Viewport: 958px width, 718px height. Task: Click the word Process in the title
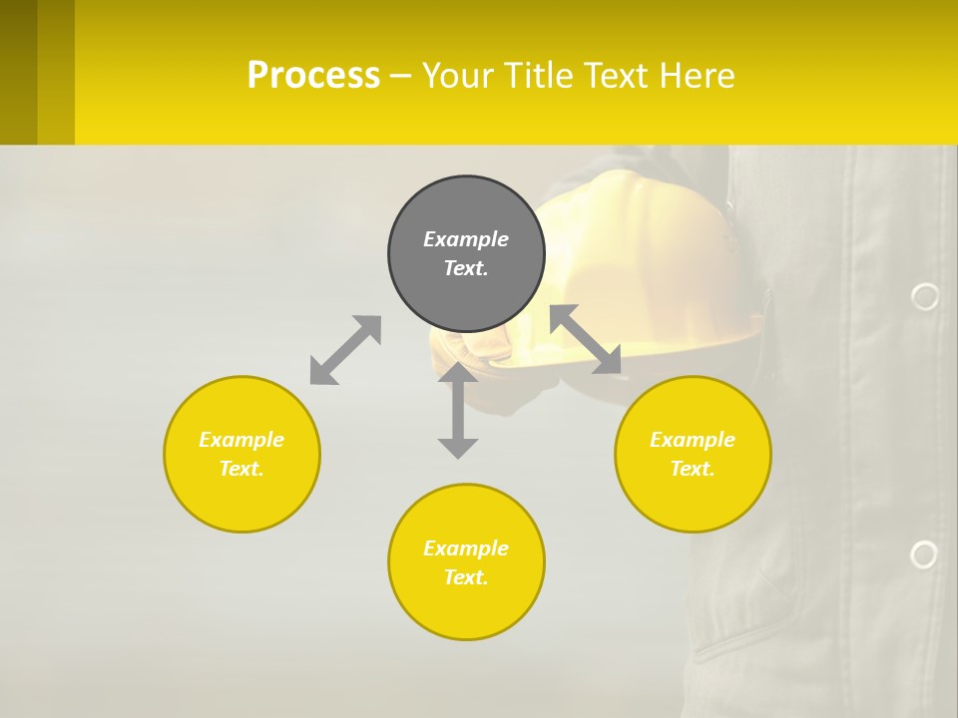(x=313, y=76)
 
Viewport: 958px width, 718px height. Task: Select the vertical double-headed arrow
(x=458, y=410)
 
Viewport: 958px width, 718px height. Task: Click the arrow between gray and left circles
(x=345, y=350)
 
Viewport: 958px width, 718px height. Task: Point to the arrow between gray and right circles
(x=586, y=339)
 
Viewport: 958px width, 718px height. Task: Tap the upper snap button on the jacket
(x=925, y=296)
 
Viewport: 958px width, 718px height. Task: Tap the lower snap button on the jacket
(x=924, y=554)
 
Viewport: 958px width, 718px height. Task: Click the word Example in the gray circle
(x=466, y=239)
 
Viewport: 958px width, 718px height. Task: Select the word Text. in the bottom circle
(x=466, y=577)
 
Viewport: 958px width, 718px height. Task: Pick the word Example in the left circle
(x=241, y=440)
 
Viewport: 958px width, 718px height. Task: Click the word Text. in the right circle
(x=693, y=469)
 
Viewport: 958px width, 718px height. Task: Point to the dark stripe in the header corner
(x=18, y=72)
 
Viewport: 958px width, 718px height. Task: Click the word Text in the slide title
(x=611, y=76)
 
